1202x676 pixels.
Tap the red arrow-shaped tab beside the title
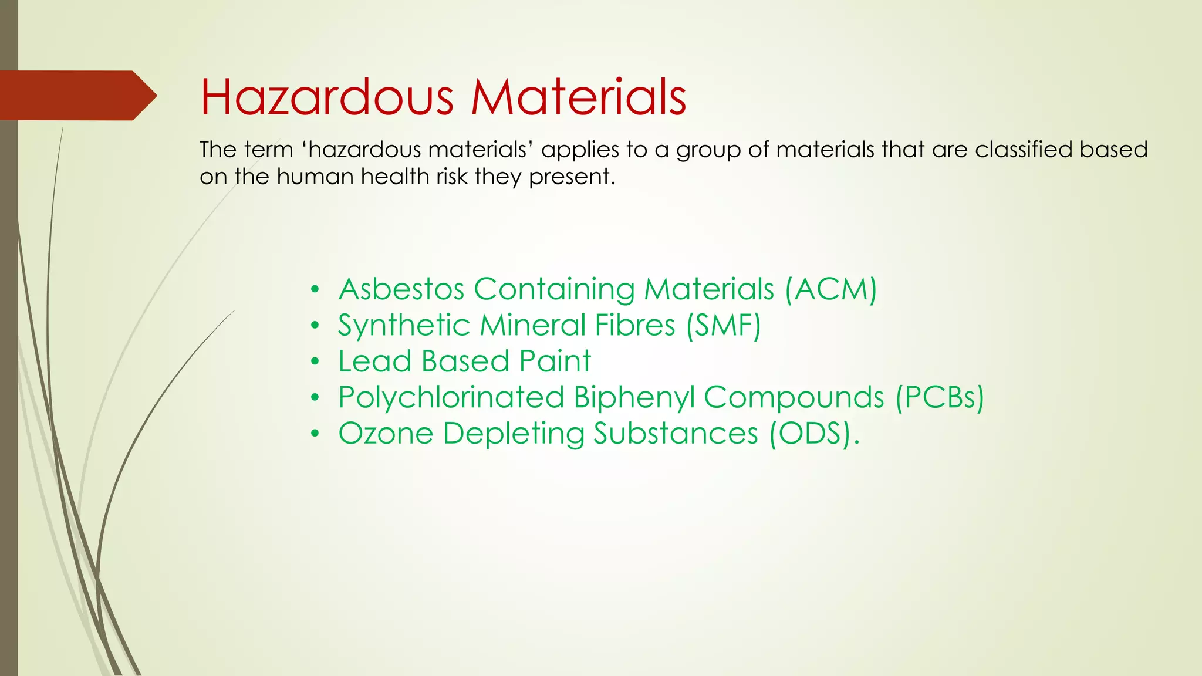tap(76, 96)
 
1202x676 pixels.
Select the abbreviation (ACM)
tap(831, 289)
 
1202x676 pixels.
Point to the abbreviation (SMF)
tap(724, 326)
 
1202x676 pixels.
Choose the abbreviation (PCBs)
tap(939, 397)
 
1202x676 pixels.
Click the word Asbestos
tap(401, 289)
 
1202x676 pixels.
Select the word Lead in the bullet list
tap(374, 361)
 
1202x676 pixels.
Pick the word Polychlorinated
tap(451, 397)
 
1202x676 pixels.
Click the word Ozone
tap(386, 434)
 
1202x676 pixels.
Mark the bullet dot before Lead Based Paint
tap(315, 361)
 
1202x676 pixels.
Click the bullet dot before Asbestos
tap(315, 289)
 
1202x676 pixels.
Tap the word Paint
tap(555, 361)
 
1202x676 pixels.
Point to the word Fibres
tap(635, 326)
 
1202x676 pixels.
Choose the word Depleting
tap(514, 435)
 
